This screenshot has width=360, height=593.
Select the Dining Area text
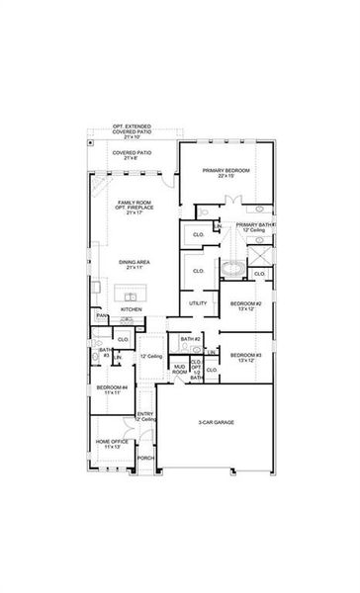134,262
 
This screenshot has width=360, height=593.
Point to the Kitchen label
131,308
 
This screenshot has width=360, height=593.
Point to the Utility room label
197,302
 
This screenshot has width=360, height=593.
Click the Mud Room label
180,370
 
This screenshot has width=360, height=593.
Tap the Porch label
145,458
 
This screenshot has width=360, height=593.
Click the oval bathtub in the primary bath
233,269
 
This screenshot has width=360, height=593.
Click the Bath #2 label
190,339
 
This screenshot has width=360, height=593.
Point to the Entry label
145,415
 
